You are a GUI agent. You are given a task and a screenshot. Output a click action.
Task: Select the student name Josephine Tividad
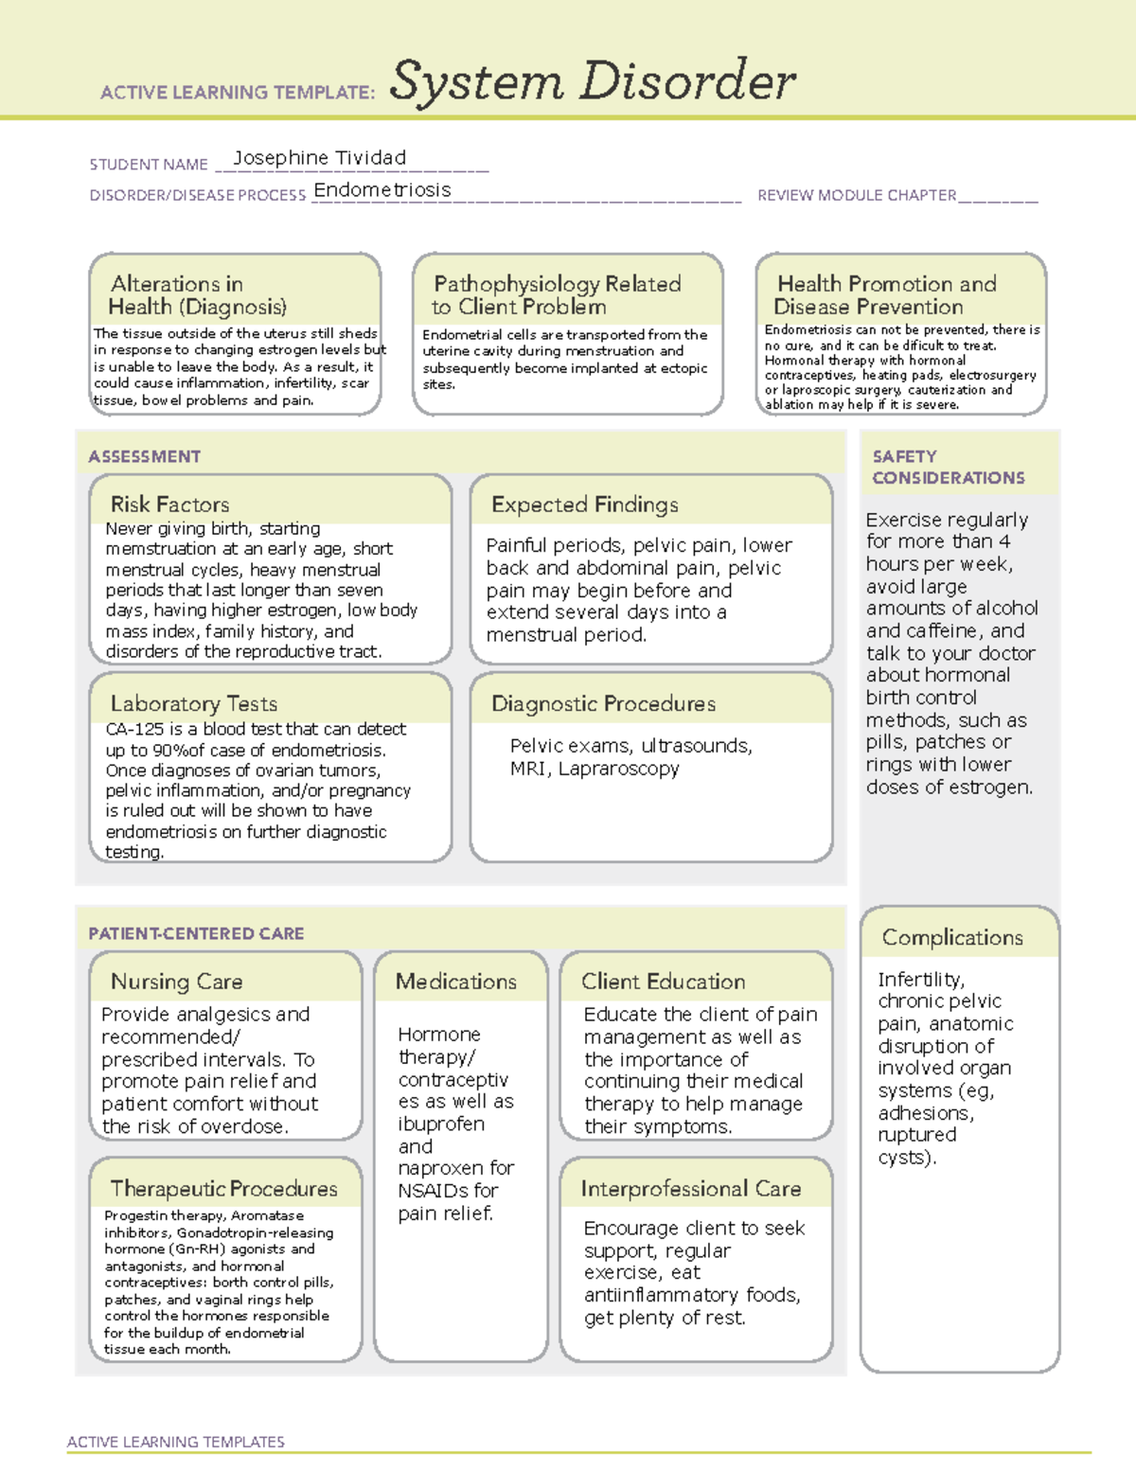[319, 158]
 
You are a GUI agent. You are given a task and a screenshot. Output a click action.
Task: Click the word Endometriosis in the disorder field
[382, 190]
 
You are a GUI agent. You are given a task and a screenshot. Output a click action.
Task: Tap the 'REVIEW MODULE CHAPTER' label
[857, 196]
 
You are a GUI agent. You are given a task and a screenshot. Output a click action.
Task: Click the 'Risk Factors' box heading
[169, 505]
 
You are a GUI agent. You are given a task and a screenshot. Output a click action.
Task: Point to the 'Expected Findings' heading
[584, 505]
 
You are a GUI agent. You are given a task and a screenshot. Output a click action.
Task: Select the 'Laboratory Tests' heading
[193, 703]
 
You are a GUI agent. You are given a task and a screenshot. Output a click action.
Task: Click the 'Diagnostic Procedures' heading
[603, 703]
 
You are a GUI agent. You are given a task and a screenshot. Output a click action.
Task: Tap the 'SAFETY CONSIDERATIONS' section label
[948, 467]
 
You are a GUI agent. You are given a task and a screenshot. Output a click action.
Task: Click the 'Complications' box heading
[952, 937]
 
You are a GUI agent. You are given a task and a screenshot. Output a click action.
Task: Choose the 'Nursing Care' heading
[176, 982]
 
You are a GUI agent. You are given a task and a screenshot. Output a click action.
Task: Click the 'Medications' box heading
[456, 982]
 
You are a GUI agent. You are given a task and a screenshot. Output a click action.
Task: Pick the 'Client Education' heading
[663, 982]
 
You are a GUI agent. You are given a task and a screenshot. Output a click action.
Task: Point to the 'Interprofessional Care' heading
[690, 1189]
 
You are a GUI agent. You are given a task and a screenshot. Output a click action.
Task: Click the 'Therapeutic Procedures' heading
[223, 1189]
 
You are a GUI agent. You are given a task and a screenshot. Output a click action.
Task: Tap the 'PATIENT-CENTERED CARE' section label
[196, 933]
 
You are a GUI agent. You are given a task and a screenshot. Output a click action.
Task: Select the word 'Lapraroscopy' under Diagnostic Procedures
[618, 769]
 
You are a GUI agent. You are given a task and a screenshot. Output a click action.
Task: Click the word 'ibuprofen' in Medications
[441, 1125]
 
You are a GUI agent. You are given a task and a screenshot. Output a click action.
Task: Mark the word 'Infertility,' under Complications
[921, 980]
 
